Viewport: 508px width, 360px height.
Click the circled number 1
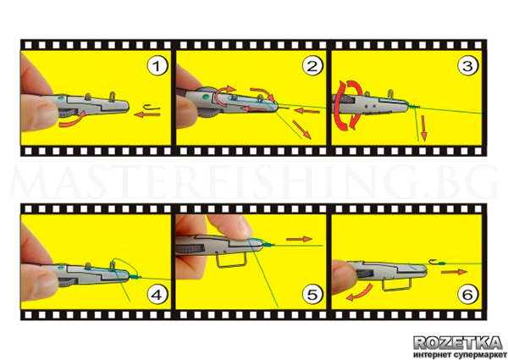[157, 66]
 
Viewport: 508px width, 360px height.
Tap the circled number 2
[312, 66]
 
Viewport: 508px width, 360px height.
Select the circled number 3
[467, 66]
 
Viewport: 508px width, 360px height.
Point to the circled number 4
[157, 294]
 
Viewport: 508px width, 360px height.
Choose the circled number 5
[312, 294]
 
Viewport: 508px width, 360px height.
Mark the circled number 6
[467, 294]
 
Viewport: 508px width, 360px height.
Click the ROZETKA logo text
[458, 342]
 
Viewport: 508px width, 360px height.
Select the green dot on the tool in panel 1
[60, 97]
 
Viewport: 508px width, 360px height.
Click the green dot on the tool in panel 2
[205, 97]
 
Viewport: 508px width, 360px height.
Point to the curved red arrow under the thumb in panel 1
[72, 120]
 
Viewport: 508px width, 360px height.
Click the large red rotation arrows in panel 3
[348, 105]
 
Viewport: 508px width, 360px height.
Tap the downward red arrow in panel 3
[423, 129]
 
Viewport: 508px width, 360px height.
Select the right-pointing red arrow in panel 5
[299, 239]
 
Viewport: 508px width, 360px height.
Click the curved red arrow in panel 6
[360, 292]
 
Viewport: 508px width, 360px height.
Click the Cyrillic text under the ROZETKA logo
[458, 354]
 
